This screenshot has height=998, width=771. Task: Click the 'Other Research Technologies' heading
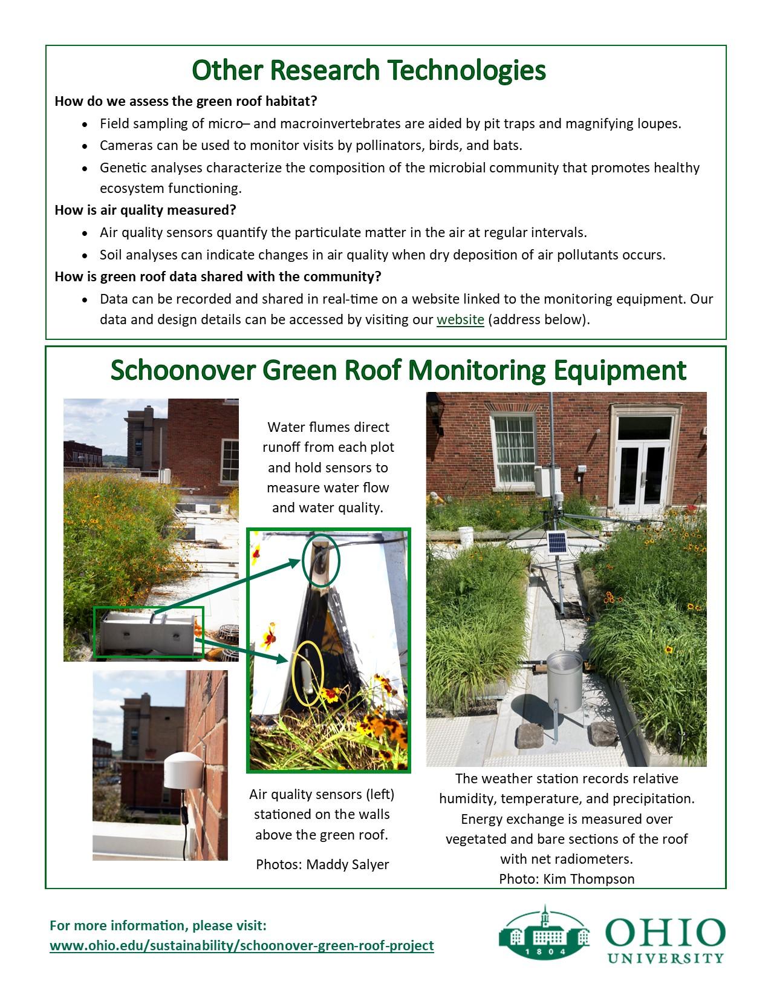tap(368, 70)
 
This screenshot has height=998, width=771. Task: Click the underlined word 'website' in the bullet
tap(460, 319)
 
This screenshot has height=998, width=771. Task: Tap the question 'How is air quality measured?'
tap(145, 210)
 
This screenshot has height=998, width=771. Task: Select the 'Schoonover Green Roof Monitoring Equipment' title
tap(398, 370)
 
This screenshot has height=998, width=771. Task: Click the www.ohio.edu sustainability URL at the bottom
tap(241, 945)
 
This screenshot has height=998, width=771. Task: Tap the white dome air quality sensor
tap(181, 770)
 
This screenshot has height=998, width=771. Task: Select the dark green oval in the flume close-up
tap(321, 560)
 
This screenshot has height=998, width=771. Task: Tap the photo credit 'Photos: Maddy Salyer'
tap(322, 864)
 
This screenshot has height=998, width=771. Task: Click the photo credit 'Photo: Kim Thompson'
tap(567, 879)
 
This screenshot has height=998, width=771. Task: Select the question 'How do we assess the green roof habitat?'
tap(186, 101)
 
